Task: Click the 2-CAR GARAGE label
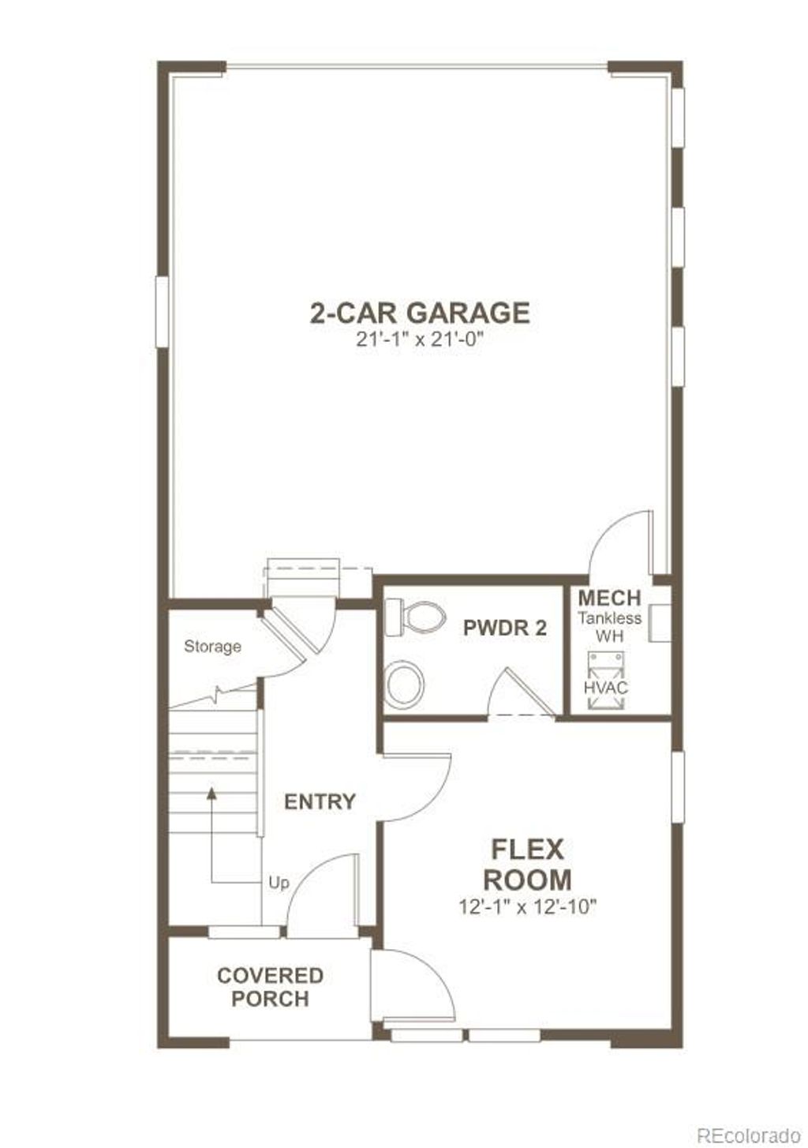click(419, 313)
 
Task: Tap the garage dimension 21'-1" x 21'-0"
click(419, 340)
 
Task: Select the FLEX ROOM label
click(527, 864)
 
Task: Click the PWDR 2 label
click(504, 628)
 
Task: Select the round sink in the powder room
click(405, 680)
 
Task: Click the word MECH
click(609, 598)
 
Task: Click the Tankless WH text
click(609, 627)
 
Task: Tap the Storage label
click(212, 647)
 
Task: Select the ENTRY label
click(320, 802)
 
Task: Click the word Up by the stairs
click(279, 883)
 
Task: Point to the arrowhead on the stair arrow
click(211, 793)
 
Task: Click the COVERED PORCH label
click(270, 987)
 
